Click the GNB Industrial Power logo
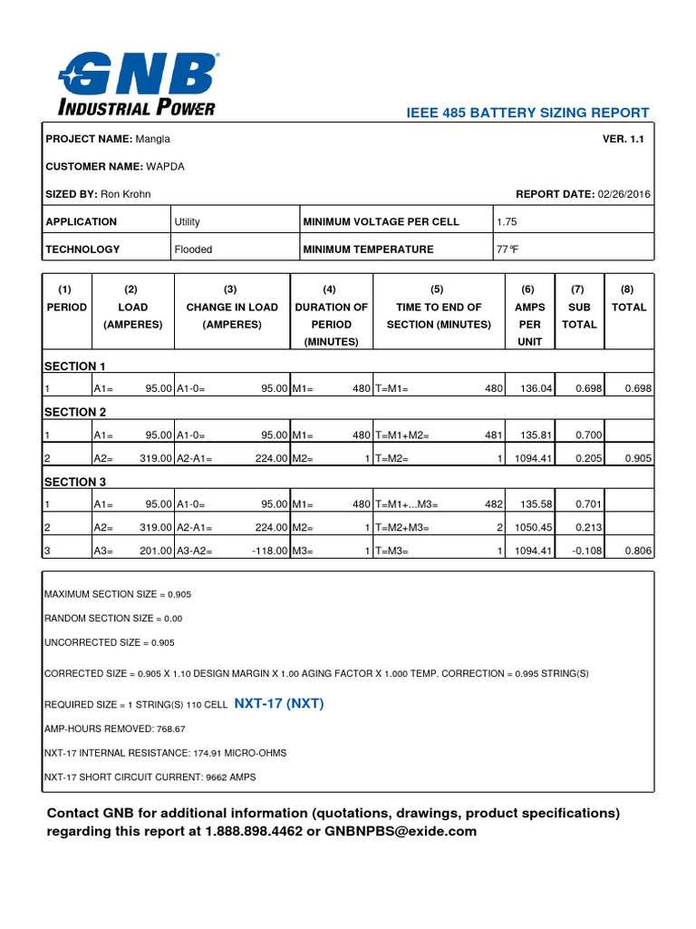139,84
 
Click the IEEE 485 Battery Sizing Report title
528,112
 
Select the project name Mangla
152,139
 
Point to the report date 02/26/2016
623,194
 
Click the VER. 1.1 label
623,139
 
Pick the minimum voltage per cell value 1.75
507,221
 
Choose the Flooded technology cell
195,249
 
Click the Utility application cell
188,221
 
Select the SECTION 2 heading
75,412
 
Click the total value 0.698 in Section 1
638,388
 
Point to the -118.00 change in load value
267,550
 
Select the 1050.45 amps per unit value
531,527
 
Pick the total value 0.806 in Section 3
638,550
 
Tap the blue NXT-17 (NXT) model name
279,703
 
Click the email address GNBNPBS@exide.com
401,831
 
